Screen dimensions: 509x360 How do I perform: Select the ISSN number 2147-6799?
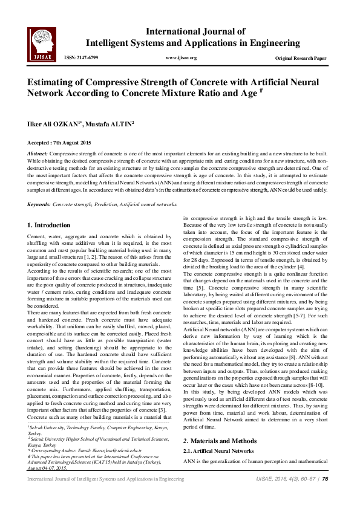84,58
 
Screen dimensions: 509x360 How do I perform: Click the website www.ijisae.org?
180,58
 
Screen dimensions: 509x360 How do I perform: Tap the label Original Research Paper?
301,58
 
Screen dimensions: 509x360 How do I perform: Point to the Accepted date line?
59,143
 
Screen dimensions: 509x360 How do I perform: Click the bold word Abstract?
38,154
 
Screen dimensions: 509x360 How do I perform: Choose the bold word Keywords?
39,206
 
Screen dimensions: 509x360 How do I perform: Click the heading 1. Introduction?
49,225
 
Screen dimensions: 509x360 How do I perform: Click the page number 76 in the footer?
325,495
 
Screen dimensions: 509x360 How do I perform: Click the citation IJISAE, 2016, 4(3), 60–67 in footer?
281,495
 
